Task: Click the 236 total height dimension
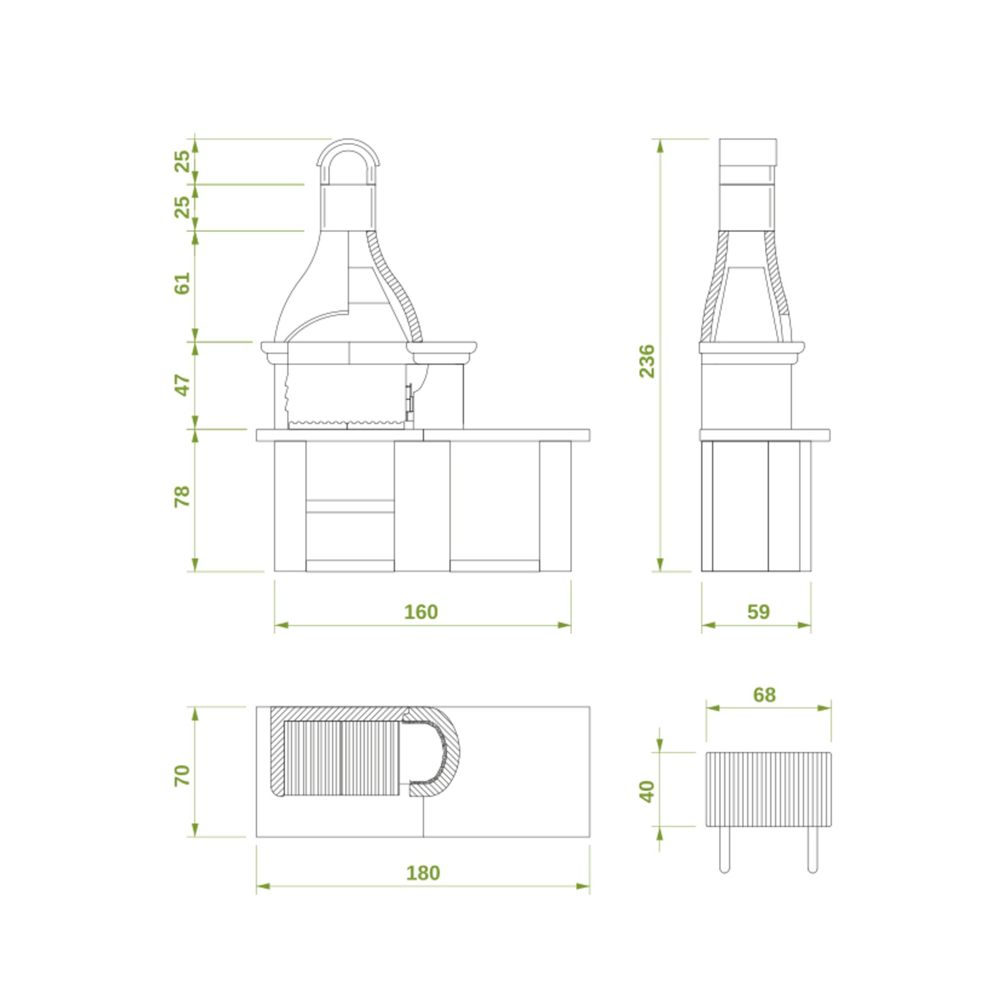(x=647, y=361)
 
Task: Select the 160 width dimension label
(x=421, y=612)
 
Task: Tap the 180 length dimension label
(x=423, y=873)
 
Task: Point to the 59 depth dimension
(x=758, y=612)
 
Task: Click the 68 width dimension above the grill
(x=764, y=695)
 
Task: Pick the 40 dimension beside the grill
(x=647, y=791)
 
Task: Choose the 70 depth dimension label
(x=182, y=775)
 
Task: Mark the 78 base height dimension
(x=182, y=496)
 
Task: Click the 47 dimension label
(x=182, y=385)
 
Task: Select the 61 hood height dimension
(x=182, y=283)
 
